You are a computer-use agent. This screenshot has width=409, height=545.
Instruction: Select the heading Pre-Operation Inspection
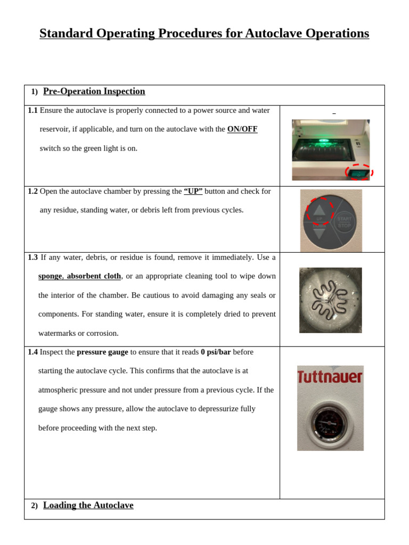click(x=94, y=92)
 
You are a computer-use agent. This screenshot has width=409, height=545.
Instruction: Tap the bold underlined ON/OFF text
click(x=242, y=129)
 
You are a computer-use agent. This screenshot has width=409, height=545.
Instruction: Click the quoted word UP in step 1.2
click(x=193, y=192)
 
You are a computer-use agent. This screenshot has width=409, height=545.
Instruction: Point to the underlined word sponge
click(x=50, y=276)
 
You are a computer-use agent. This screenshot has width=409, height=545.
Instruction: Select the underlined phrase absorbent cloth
click(x=94, y=276)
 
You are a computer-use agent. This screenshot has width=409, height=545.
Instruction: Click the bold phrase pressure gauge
click(x=102, y=352)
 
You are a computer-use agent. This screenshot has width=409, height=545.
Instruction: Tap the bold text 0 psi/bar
click(x=216, y=352)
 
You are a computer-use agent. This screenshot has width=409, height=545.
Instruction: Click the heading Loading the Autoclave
click(x=88, y=506)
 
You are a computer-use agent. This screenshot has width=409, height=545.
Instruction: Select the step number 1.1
click(x=32, y=111)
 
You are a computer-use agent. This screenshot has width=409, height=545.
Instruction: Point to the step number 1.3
click(x=32, y=258)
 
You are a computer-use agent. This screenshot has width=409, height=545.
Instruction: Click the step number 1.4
click(x=32, y=352)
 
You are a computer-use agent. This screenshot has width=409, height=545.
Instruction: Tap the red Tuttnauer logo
click(x=330, y=377)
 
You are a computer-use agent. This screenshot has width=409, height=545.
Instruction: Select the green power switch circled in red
click(x=359, y=172)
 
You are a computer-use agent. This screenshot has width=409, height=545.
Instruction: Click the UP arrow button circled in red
click(x=319, y=211)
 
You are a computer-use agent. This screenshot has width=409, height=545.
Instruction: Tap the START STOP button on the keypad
click(x=344, y=222)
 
